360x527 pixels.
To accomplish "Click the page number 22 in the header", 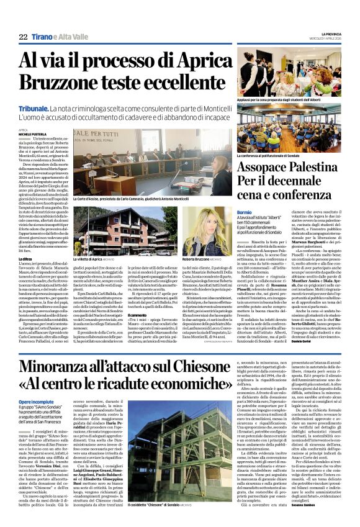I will pos(23,37).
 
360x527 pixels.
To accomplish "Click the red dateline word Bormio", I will pos(245,212).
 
